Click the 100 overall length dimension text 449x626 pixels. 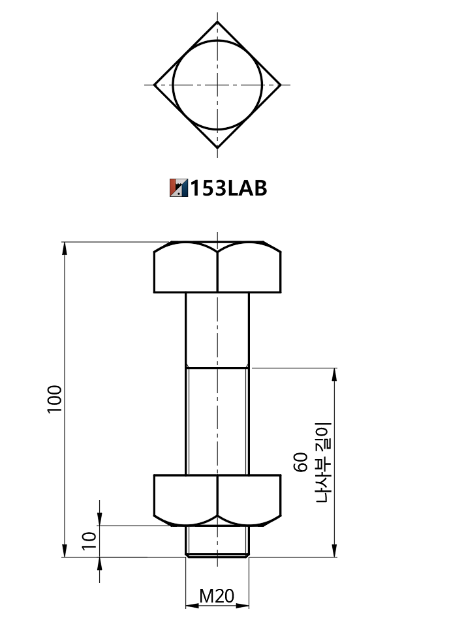tap(54, 398)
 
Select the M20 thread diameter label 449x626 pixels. tap(217, 596)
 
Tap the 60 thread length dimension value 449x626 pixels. tap(301, 462)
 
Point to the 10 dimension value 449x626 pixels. tap(89, 540)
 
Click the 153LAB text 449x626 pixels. tap(228, 188)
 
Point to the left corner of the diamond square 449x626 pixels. tap(154, 85)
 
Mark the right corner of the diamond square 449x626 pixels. tap(281, 85)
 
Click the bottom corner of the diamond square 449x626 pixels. tap(217, 148)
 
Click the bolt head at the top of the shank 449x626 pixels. tap(217, 267)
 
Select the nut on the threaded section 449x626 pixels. tap(217, 499)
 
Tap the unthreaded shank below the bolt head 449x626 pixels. tap(217, 329)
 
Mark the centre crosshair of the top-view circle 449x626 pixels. tap(217, 85)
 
